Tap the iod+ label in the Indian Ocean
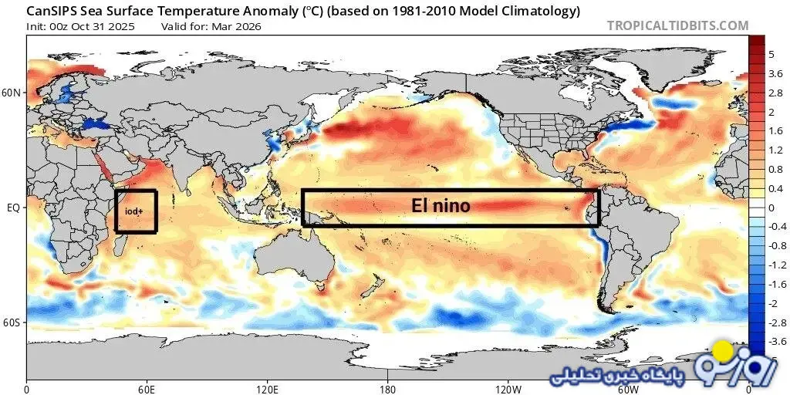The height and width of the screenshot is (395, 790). click(135, 211)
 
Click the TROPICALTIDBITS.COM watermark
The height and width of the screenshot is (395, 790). click(677, 25)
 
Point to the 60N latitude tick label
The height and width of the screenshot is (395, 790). click(12, 93)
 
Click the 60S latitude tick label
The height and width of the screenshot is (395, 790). click(12, 322)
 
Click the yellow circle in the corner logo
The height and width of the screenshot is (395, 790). click(723, 352)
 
